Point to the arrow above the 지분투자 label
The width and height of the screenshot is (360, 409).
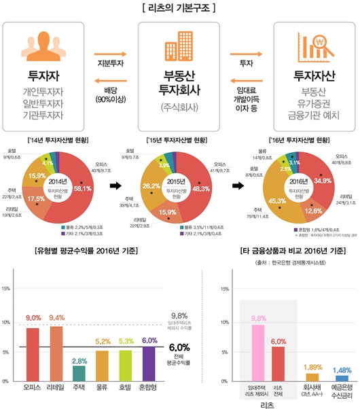[109, 52]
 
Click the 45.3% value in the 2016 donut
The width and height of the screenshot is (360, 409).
[276, 200]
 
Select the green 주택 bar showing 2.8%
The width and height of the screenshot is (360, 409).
[78, 373]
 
